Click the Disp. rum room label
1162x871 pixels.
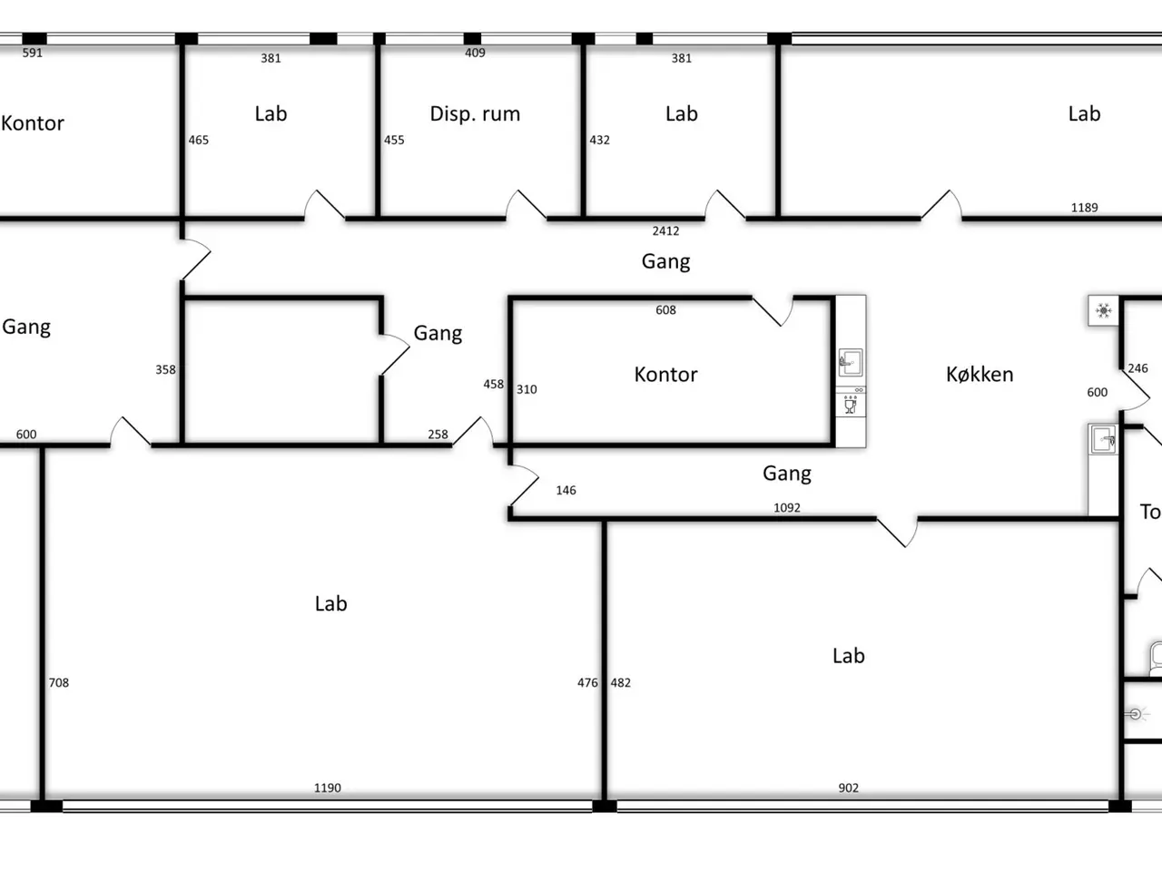[x=475, y=113]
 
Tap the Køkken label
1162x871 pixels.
[x=980, y=375]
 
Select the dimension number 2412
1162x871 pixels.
[x=665, y=231]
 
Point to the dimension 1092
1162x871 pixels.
[x=787, y=508]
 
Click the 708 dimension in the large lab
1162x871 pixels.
[x=59, y=682]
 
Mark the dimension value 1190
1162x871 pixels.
[x=328, y=788]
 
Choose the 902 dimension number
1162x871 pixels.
[x=848, y=788]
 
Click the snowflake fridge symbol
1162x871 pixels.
[x=1103, y=310]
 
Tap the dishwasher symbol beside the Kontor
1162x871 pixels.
[x=851, y=403]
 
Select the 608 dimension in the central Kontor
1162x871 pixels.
[x=665, y=310]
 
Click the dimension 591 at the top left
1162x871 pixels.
[x=33, y=53]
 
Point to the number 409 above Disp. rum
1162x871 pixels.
[x=475, y=53]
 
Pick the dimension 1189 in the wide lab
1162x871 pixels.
[x=1084, y=208]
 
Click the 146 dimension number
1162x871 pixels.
[x=566, y=490]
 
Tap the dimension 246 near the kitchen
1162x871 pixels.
[x=1137, y=368]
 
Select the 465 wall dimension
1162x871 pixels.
[x=199, y=140]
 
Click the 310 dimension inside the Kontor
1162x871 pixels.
[x=527, y=390]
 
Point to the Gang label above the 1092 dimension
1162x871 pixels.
[x=787, y=474]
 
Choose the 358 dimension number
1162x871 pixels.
[x=165, y=369]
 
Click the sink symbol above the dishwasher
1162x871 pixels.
[x=851, y=362]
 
